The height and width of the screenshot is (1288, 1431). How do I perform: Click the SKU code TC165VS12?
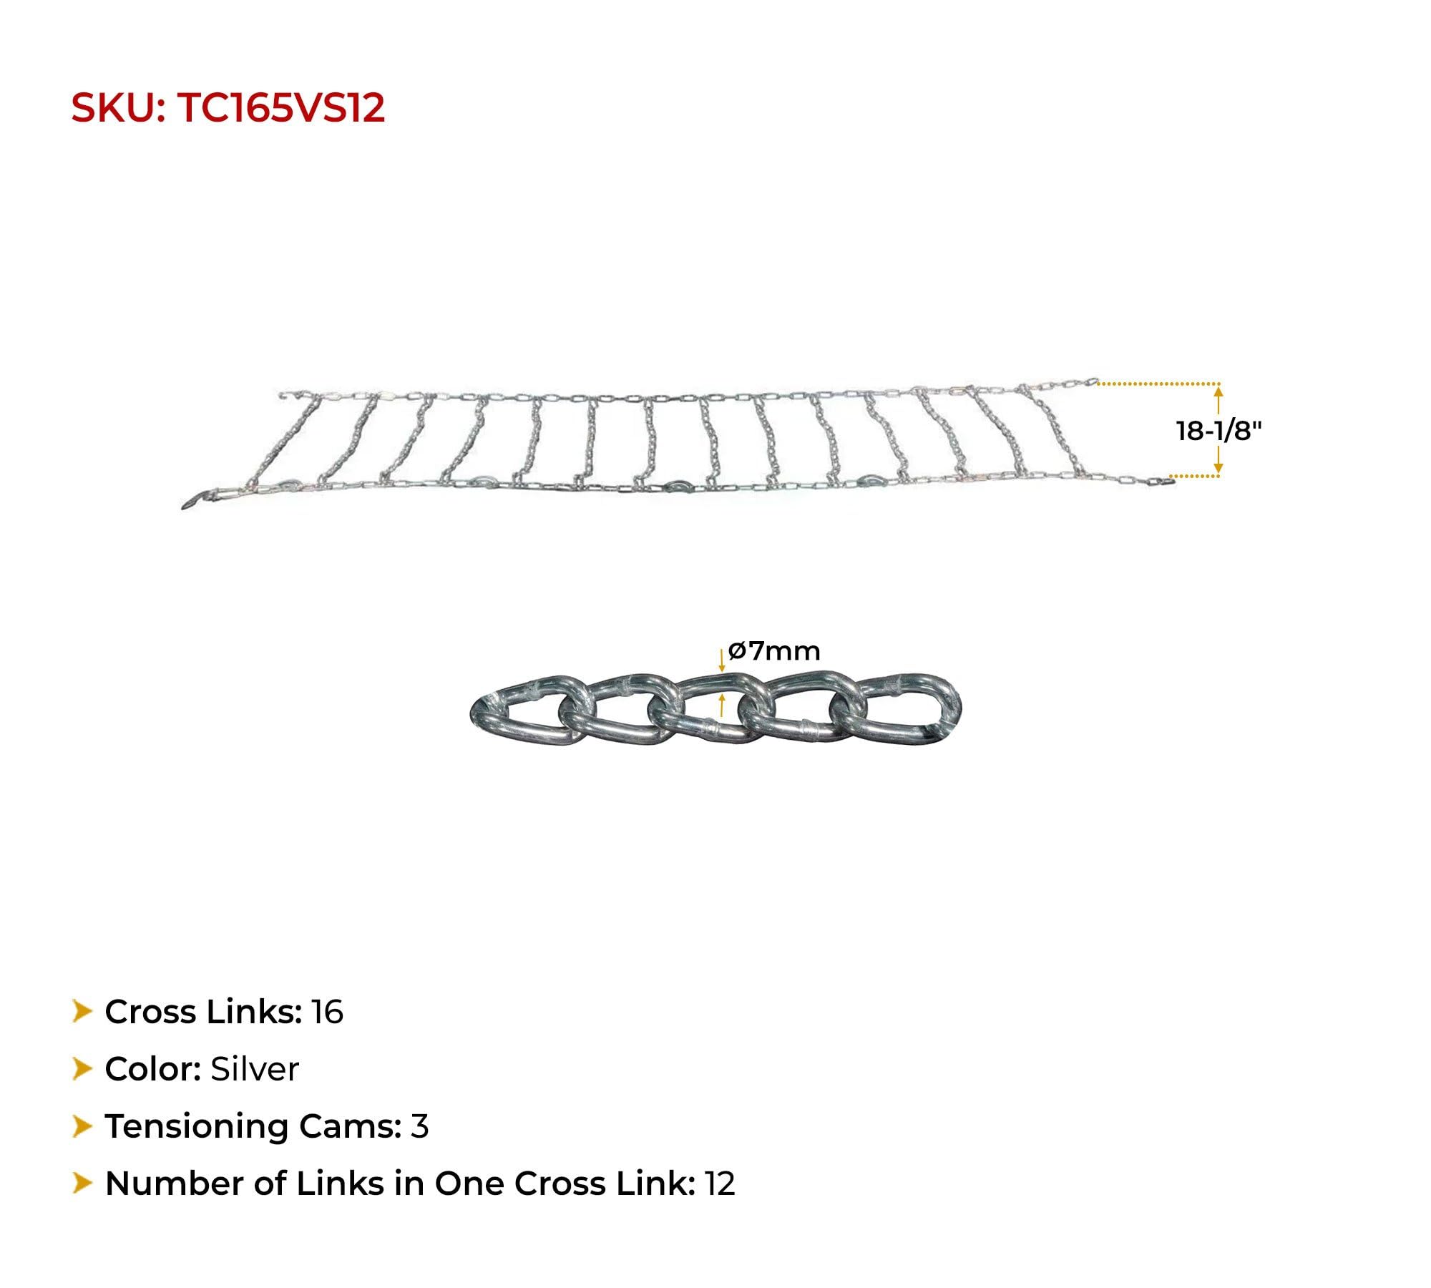[x=280, y=108]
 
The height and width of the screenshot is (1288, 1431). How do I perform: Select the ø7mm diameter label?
[x=774, y=651]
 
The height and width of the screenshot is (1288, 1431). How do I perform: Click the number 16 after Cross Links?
[x=327, y=1012]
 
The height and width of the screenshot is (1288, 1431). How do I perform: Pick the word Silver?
[x=254, y=1069]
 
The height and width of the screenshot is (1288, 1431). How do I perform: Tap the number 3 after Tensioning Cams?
[x=419, y=1126]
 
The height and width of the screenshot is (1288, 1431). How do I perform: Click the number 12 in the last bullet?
[x=720, y=1184]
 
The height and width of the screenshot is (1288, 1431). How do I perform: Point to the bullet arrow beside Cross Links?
[x=82, y=1012]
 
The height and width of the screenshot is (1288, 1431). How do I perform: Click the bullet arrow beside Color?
[x=82, y=1069]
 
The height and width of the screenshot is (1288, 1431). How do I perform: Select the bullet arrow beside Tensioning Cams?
[x=82, y=1126]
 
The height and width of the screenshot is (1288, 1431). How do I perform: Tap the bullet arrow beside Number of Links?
[x=82, y=1184]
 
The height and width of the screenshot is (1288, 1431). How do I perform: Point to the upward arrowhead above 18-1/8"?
[x=1218, y=391]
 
